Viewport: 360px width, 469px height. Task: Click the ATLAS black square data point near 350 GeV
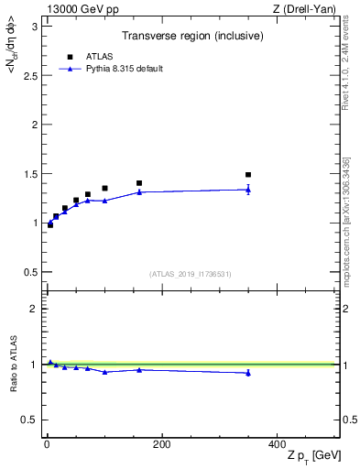tap(248, 174)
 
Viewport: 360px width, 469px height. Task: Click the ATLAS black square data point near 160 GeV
tap(139, 183)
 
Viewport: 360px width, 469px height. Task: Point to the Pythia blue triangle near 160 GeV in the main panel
tap(139, 192)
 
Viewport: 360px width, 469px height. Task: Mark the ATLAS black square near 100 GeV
tap(104, 188)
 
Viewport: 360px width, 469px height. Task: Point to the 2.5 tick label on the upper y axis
tap(29, 75)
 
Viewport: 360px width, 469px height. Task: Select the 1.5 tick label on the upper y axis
tap(29, 174)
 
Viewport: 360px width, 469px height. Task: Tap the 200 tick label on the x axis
tap(161, 444)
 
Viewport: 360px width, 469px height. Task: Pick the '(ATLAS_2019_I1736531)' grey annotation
tap(191, 274)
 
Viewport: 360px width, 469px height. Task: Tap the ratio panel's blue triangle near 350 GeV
tap(248, 373)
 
